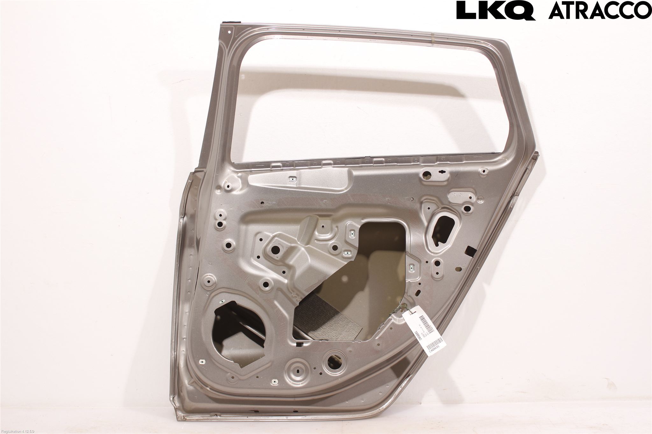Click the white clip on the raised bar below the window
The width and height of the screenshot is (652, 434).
[x=291, y=179]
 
